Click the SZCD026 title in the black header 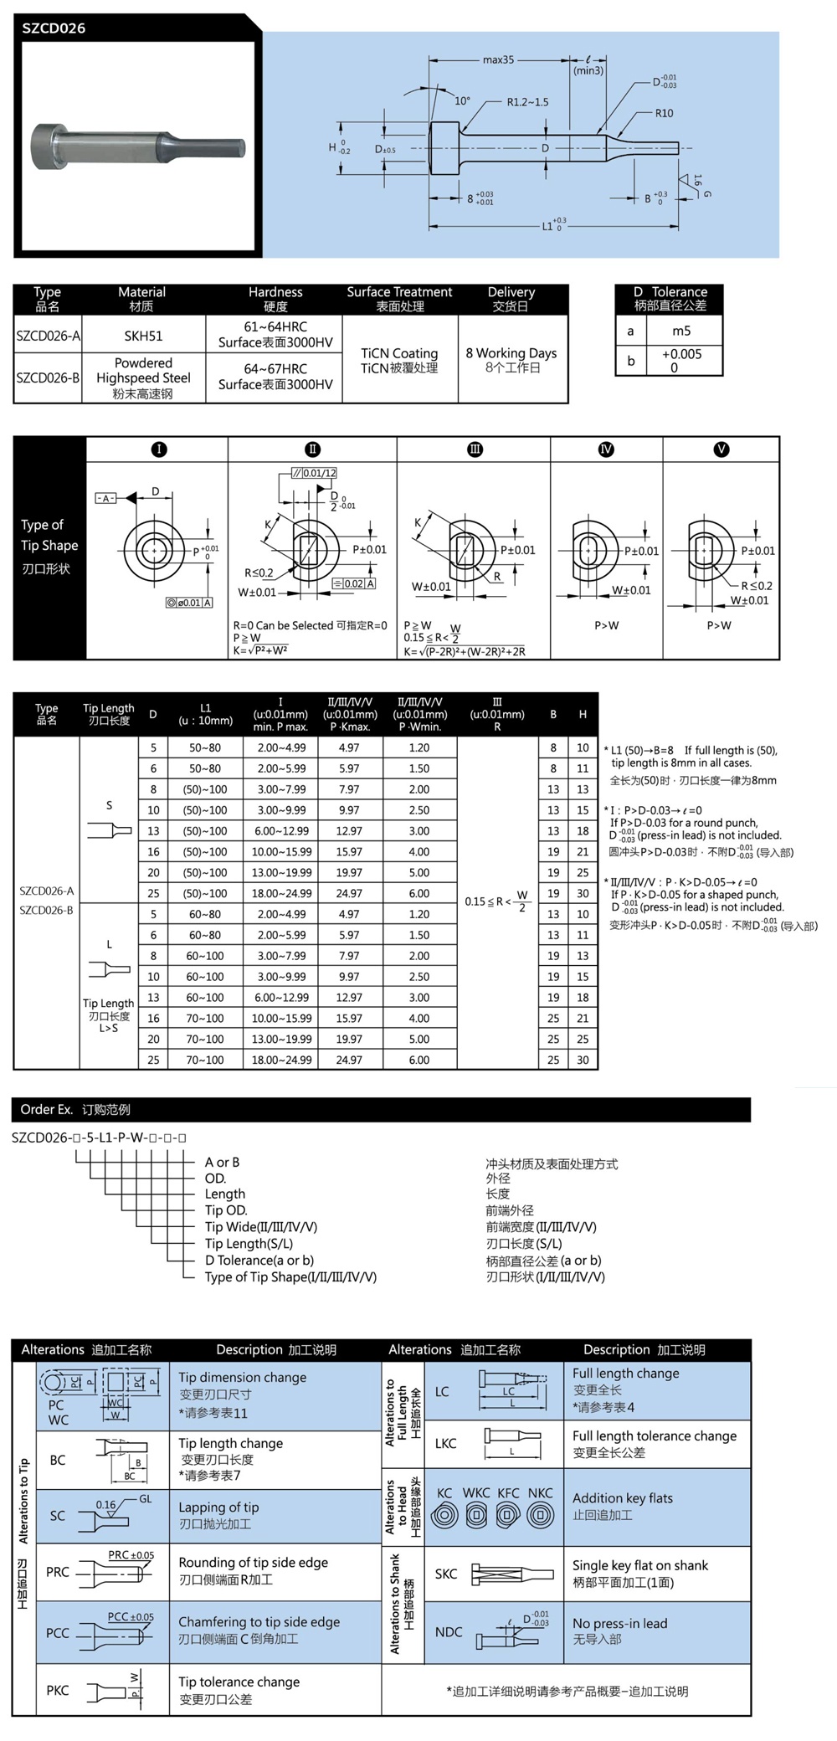pyautogui.click(x=54, y=28)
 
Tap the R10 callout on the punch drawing pyautogui.click(x=664, y=113)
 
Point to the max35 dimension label pyautogui.click(x=498, y=59)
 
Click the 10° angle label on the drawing pyautogui.click(x=462, y=100)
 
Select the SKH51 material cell pyautogui.click(x=143, y=336)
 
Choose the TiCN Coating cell pyautogui.click(x=399, y=353)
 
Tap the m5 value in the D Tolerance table pyautogui.click(x=681, y=331)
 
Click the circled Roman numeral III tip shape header pyautogui.click(x=475, y=449)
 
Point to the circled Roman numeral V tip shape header pyautogui.click(x=721, y=449)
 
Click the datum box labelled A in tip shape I pyautogui.click(x=105, y=498)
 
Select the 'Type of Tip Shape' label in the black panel pyautogui.click(x=49, y=535)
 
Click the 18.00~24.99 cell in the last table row pyautogui.click(x=281, y=1060)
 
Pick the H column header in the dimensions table pyautogui.click(x=583, y=714)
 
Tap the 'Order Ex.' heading pyautogui.click(x=46, y=1109)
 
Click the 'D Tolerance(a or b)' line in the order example pyautogui.click(x=259, y=1260)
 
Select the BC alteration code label pyautogui.click(x=58, y=1460)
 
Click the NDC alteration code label pyautogui.click(x=449, y=1631)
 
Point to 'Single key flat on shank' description pyautogui.click(x=640, y=1565)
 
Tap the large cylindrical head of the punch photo pyautogui.click(x=49, y=146)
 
